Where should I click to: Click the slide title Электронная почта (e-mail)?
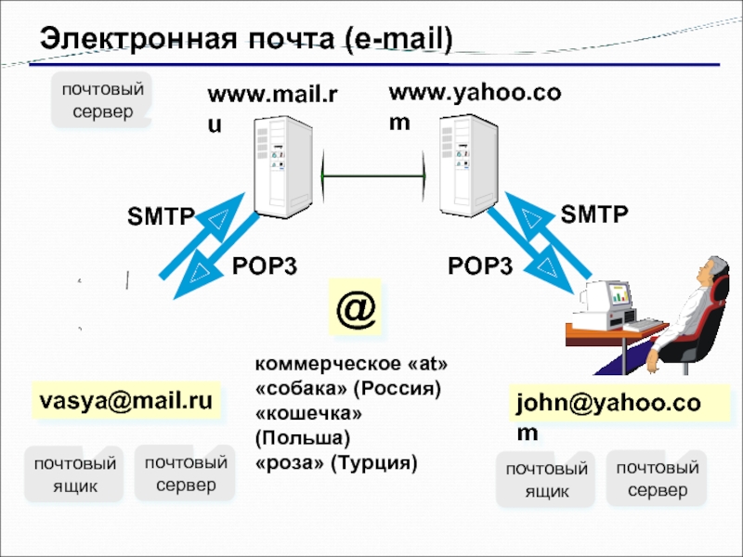click(246, 38)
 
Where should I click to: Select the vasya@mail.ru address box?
click(126, 401)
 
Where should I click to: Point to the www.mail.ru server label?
click(271, 107)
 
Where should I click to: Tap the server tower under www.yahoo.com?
click(465, 171)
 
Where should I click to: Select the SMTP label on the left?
click(161, 217)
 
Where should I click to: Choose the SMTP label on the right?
click(594, 214)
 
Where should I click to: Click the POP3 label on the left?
click(264, 267)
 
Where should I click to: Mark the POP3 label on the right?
click(480, 267)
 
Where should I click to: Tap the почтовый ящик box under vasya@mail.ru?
click(74, 474)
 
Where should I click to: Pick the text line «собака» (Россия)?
click(345, 385)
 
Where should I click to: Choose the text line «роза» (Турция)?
click(336, 460)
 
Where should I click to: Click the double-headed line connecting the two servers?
click(372, 175)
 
